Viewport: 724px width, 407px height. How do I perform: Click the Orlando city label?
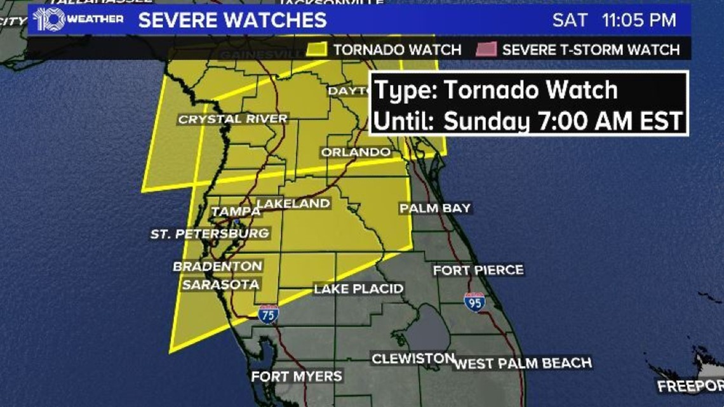[356, 152]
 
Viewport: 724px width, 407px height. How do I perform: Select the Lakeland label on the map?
[293, 203]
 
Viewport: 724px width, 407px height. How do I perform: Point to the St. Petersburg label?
[210, 234]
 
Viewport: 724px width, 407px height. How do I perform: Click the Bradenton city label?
[218, 266]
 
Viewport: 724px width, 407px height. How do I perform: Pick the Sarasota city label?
[220, 284]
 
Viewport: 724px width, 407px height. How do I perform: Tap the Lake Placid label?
[359, 289]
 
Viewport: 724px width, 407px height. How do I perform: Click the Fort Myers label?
[297, 376]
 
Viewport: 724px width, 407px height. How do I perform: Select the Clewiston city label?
[413, 359]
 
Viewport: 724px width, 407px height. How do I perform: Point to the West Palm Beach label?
[523, 363]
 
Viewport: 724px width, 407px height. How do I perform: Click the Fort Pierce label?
[478, 270]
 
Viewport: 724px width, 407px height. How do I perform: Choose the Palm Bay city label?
[435, 208]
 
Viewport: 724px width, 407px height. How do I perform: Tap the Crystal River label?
[232, 119]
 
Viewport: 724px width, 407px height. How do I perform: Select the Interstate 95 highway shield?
[474, 302]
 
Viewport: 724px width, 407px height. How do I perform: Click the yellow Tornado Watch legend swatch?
[316, 50]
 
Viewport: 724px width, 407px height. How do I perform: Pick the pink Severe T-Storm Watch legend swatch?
[486, 50]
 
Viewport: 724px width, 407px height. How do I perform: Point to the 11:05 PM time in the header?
[639, 20]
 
